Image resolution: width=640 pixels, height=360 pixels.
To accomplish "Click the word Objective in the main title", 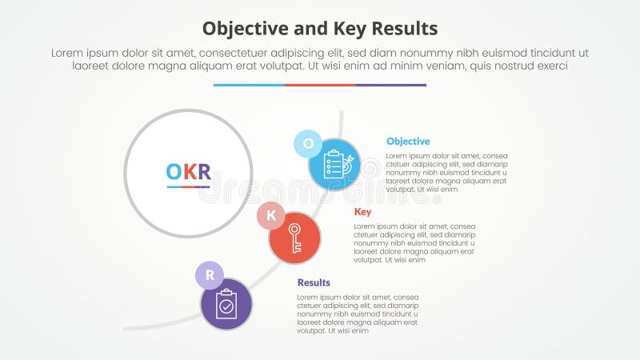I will coord(242,29).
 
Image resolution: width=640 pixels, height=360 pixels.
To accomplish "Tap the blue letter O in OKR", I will coord(174,171).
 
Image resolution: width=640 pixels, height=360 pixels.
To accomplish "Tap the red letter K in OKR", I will coord(189,171).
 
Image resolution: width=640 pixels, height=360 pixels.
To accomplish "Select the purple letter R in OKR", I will coord(203,171).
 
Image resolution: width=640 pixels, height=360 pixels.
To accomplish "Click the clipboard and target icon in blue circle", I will coord(335,165).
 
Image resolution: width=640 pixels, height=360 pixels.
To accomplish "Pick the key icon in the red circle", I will coord(295,238).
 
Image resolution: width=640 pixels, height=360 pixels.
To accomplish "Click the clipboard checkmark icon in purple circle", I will coord(226,305).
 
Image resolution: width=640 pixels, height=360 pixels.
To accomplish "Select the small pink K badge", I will coord(270,215).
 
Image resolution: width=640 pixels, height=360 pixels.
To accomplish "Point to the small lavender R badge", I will coord(210,276).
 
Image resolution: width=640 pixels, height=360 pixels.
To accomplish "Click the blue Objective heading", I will coord(408,142).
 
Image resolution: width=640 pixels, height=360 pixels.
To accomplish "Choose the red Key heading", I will coord(362,212).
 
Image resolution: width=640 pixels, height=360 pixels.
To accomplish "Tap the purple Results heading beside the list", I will coord(314,282).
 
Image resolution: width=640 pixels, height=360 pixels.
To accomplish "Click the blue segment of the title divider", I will coord(249,85).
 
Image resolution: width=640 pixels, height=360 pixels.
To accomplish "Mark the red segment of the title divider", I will coord(320,85).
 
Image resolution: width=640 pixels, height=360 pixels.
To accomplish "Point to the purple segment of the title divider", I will coord(391,85).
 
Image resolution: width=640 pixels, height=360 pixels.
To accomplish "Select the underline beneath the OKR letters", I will coord(189,186).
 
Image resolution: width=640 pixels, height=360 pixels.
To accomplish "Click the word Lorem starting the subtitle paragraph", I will coord(68,53).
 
